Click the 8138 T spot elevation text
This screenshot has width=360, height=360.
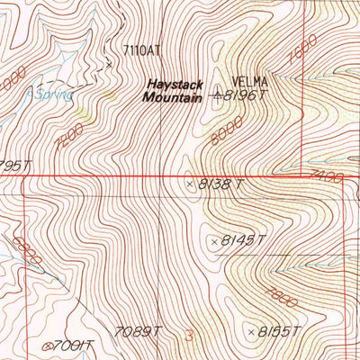click(x=220, y=184)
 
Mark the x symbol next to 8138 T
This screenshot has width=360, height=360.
click(x=189, y=184)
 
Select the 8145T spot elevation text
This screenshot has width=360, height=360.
click(x=246, y=240)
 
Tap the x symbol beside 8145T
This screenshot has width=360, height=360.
click(x=214, y=240)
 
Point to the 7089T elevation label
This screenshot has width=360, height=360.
click(x=138, y=330)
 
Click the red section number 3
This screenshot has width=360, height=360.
click(x=189, y=336)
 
